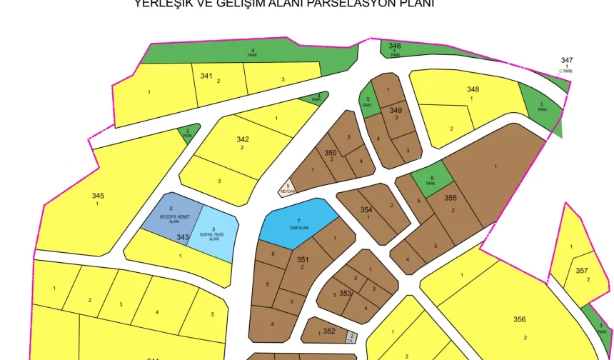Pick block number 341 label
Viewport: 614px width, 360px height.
206,75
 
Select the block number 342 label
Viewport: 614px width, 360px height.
243,139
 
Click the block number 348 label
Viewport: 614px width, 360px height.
473,89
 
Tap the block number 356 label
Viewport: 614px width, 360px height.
520,319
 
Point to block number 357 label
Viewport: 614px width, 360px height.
581,271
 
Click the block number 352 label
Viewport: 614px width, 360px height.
328,331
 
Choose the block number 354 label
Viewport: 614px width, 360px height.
366,210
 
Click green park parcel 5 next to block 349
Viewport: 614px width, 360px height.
368,101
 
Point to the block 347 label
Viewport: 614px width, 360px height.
566,60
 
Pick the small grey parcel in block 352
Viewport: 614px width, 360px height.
351,336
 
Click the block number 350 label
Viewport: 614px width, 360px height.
330,153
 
